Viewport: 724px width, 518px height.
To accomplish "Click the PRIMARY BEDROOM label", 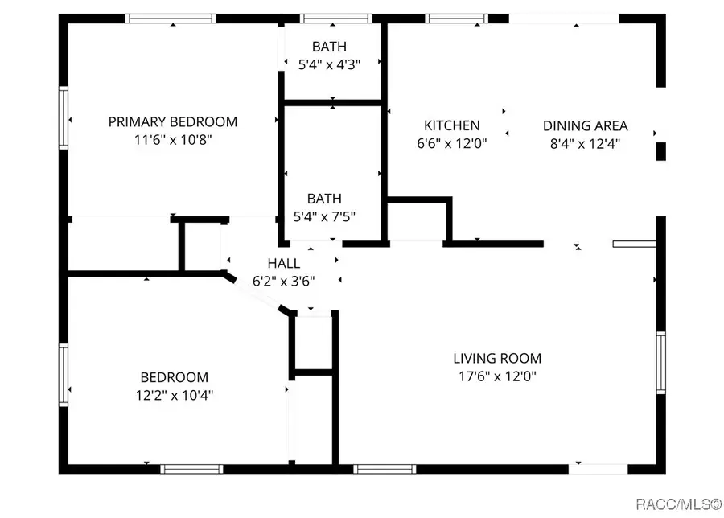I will pyautogui.click(x=173, y=122).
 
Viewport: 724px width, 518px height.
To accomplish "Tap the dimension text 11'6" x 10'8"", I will pyautogui.click(x=173, y=140).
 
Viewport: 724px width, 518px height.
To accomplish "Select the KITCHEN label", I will pyautogui.click(x=452, y=125).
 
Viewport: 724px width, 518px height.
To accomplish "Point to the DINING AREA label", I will pyautogui.click(x=585, y=125).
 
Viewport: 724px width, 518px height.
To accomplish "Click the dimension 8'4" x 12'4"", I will pyautogui.click(x=585, y=143).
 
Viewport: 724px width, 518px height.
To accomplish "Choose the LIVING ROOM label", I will pyautogui.click(x=496, y=359).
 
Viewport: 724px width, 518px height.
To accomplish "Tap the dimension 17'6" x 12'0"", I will pyautogui.click(x=496, y=376).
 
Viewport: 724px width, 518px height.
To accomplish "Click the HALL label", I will pyautogui.click(x=284, y=264).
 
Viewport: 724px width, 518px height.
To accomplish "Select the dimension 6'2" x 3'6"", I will pyautogui.click(x=284, y=282).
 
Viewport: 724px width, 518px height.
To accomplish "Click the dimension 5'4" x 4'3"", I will pyautogui.click(x=330, y=65).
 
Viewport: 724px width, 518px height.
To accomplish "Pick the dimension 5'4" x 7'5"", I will pyautogui.click(x=324, y=216).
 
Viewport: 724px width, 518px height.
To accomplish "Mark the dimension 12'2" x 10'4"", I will pyautogui.click(x=175, y=395).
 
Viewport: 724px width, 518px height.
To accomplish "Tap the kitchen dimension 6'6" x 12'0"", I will pyautogui.click(x=452, y=143).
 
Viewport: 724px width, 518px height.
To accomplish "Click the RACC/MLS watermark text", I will pyautogui.click(x=678, y=504).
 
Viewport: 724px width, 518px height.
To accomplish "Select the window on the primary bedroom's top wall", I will pyautogui.click(x=171, y=18).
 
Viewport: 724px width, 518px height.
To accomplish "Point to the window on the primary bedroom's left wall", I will pyautogui.click(x=63, y=117).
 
